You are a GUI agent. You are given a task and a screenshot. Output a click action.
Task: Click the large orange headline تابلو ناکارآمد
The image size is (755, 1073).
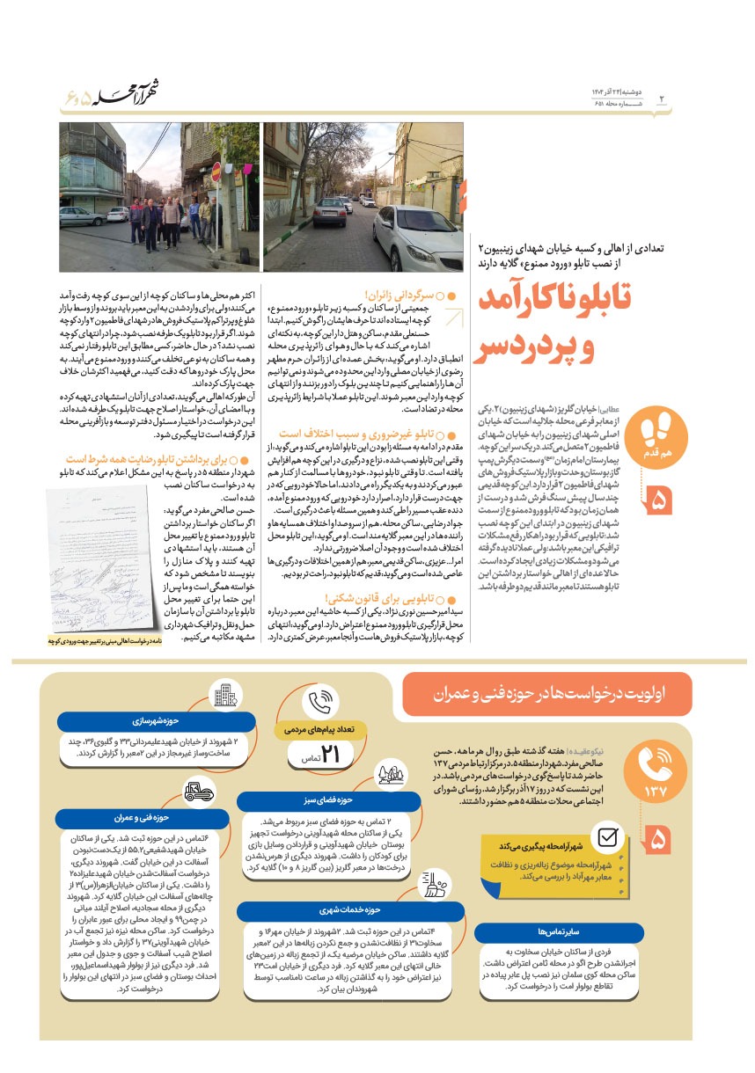click(x=554, y=300)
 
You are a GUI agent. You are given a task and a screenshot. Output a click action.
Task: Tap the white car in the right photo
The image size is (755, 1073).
click(x=418, y=237)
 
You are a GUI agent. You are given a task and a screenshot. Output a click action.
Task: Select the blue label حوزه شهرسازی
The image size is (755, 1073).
click(x=136, y=721)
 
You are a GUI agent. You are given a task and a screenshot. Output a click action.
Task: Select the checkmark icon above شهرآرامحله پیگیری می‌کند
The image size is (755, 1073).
click(x=607, y=836)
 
